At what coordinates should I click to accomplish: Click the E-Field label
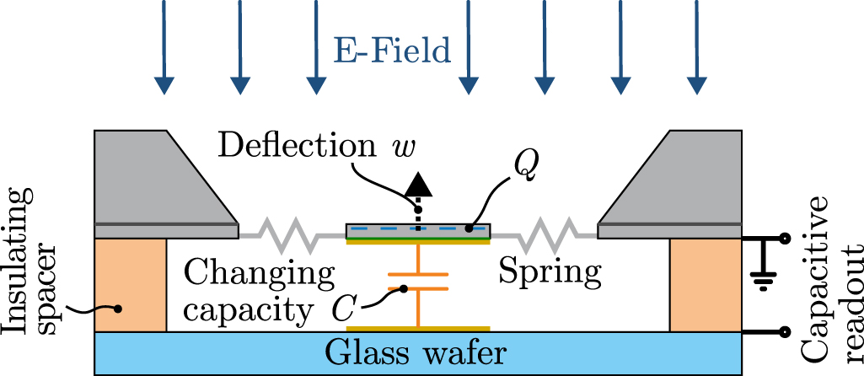[390, 52]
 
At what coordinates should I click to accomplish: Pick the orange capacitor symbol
[417, 282]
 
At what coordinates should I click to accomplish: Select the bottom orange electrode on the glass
[417, 328]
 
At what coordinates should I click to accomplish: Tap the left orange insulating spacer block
[131, 285]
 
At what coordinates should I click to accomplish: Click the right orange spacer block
[705, 285]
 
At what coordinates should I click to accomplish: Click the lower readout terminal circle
[785, 331]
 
